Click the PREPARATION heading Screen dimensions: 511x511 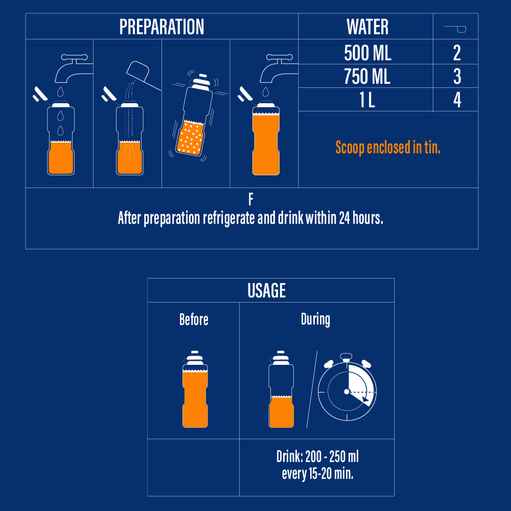point(161,27)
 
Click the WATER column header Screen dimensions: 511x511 point(367,27)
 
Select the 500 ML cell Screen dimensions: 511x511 point(367,53)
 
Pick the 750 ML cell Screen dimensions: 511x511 point(367,77)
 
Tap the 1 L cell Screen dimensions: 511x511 point(367,100)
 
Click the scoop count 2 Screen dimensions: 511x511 point(457,53)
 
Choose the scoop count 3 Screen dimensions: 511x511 point(457,77)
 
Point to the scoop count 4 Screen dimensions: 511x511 point(457,100)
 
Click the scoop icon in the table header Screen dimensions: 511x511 point(455,29)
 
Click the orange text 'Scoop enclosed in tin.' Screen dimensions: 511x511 point(388,147)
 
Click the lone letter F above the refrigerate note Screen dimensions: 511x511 point(250,199)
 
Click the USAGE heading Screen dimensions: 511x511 point(267,290)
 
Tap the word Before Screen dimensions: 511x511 point(194,319)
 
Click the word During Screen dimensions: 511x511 point(315,319)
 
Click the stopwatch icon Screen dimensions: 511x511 point(347,387)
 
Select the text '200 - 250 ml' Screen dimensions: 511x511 point(332,456)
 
